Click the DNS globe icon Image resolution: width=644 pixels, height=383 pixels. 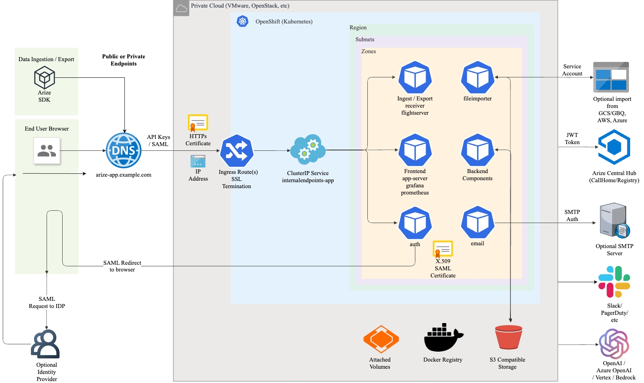[x=124, y=150]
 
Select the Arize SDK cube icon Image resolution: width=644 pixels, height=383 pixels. [x=44, y=77]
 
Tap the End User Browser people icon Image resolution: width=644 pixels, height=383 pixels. [x=47, y=150]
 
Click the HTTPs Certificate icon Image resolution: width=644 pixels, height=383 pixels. [x=198, y=123]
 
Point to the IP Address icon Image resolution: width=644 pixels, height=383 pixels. [x=198, y=161]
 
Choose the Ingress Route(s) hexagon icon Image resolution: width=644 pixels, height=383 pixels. [x=237, y=151]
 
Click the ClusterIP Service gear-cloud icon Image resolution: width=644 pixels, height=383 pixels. [x=308, y=150]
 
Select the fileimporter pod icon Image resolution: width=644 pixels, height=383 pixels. [x=478, y=77]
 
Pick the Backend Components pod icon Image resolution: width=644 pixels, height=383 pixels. [x=478, y=150]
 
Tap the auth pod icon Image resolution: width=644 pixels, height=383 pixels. [x=415, y=223]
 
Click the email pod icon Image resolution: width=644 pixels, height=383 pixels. [x=478, y=223]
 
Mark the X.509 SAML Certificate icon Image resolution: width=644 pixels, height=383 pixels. [x=443, y=249]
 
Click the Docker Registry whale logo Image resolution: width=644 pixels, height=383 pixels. [x=443, y=338]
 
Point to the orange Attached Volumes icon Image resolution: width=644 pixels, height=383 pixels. [x=381, y=339]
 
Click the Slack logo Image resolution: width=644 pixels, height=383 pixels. [x=614, y=282]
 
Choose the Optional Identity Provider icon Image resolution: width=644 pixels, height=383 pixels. [x=46, y=344]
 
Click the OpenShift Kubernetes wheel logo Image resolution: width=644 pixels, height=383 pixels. [x=243, y=21]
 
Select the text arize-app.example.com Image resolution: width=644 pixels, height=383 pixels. [x=124, y=175]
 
